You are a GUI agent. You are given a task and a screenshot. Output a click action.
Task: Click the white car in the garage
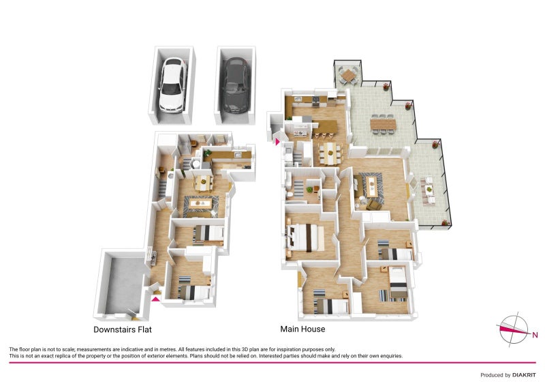click(172, 85)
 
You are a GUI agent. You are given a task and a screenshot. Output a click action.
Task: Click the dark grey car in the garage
click(236, 85)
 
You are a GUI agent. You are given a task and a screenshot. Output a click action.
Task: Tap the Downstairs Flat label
click(123, 329)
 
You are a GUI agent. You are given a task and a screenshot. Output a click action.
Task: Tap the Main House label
click(302, 329)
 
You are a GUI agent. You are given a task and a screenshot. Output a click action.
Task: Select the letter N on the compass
click(535, 335)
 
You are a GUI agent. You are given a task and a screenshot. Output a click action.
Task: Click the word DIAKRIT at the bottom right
click(524, 375)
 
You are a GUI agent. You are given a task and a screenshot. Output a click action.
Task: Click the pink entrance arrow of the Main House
click(277, 142)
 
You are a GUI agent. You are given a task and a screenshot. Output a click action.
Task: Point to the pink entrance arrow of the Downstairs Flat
click(156, 299)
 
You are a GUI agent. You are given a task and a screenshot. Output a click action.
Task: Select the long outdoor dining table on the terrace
click(383, 124)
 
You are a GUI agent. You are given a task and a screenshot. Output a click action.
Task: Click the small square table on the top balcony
click(348, 74)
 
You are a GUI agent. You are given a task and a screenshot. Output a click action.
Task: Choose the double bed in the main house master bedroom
click(305, 237)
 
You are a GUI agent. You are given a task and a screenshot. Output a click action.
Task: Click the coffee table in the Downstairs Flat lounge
click(200, 204)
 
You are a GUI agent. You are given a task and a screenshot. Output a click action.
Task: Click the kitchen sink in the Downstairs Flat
click(238, 155)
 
